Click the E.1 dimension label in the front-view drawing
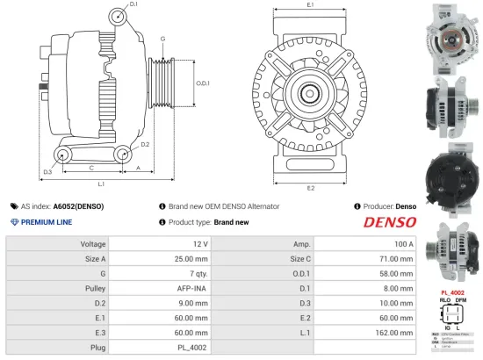coord(311,6)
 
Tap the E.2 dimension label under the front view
coord(311,187)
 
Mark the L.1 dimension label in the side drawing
coord(102,184)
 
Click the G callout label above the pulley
coord(162,40)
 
